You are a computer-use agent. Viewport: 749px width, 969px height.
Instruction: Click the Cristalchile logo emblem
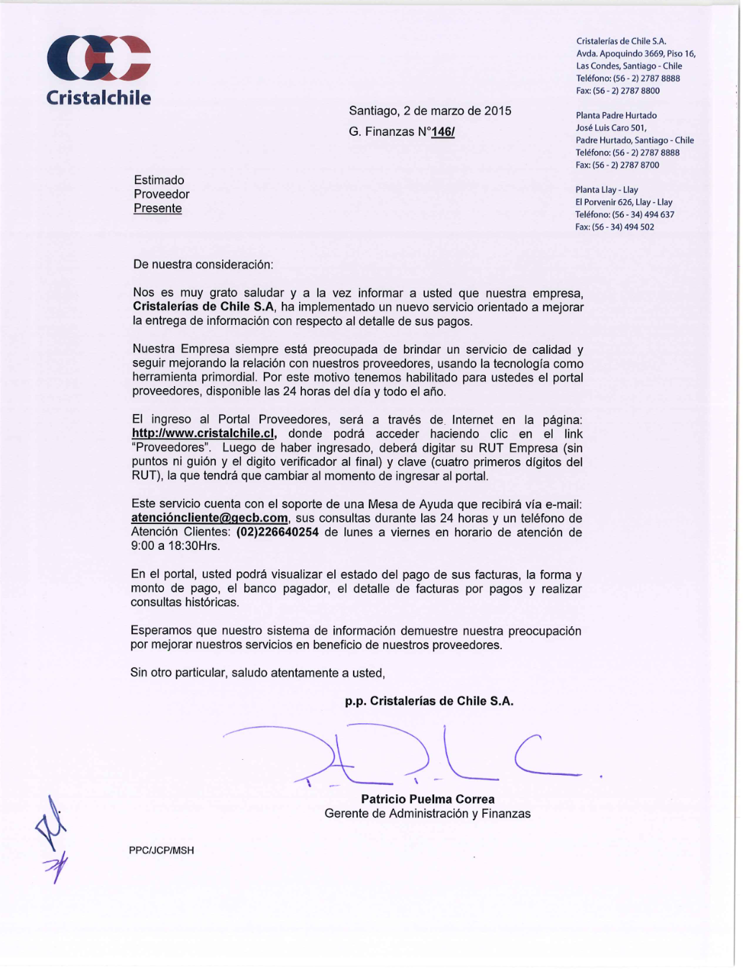click(98, 58)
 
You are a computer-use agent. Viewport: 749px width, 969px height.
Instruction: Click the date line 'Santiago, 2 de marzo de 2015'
click(430, 111)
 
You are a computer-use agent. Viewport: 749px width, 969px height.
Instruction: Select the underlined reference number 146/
click(442, 132)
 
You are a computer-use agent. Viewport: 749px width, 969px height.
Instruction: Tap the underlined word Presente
click(157, 208)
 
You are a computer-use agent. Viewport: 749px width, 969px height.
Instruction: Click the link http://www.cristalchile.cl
click(203, 434)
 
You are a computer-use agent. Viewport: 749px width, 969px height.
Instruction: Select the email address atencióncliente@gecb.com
click(209, 518)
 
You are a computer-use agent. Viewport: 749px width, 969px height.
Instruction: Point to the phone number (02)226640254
click(277, 533)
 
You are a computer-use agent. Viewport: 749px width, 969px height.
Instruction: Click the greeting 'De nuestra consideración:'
click(203, 265)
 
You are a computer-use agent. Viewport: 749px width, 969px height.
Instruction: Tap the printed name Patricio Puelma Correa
click(428, 799)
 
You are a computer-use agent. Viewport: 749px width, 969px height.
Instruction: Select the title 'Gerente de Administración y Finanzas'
click(428, 814)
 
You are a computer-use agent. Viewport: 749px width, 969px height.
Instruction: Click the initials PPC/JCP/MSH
click(161, 850)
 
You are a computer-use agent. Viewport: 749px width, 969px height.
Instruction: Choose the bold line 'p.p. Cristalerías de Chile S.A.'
click(429, 702)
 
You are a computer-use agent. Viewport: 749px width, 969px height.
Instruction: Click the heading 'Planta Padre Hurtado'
click(616, 116)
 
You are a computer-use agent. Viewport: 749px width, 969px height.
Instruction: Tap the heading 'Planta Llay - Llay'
click(607, 190)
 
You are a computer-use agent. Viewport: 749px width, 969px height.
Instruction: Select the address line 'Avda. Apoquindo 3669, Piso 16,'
click(635, 54)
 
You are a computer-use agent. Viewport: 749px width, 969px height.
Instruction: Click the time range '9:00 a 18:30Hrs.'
click(175, 546)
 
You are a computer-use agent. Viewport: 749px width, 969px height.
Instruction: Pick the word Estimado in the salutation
click(159, 180)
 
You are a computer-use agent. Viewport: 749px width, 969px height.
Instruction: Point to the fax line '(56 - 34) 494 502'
click(615, 227)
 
